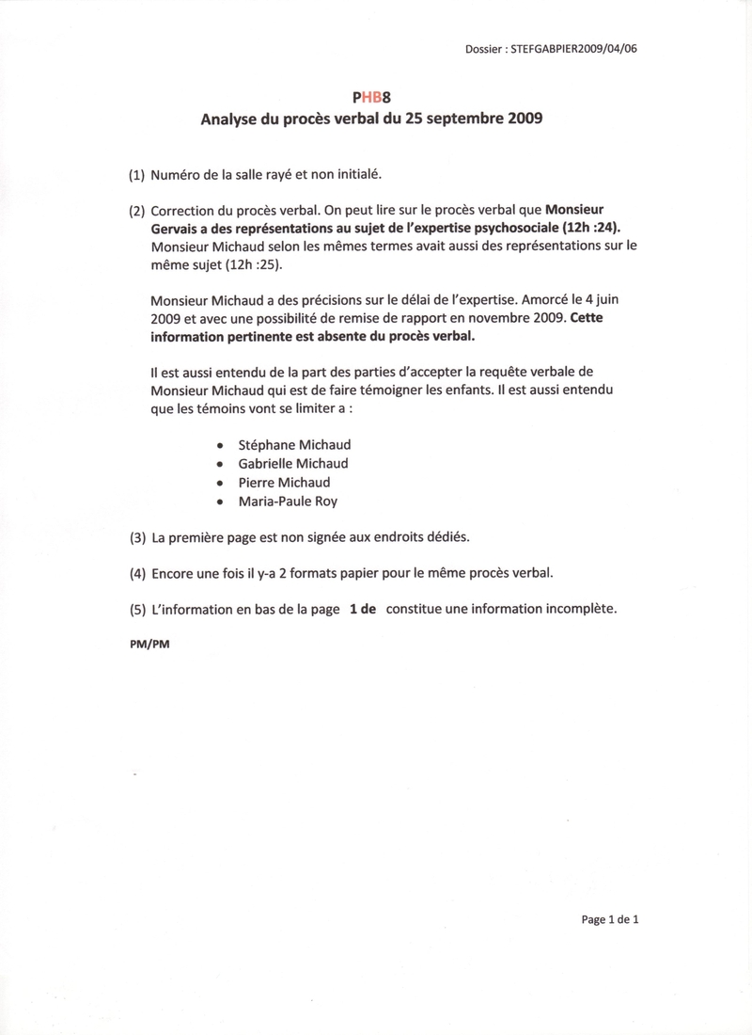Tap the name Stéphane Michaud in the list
pos(297,444)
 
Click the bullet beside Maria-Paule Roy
pos(220,503)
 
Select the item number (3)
pos(137,538)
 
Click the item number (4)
pos(137,573)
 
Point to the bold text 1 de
pos(363,609)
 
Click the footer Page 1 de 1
pos(611,920)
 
